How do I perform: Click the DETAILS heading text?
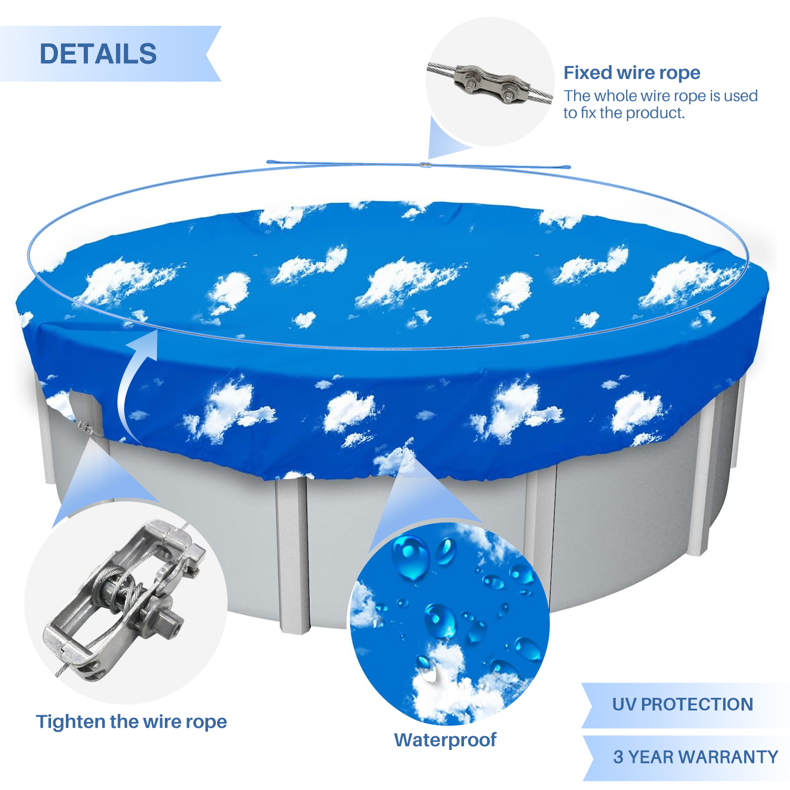(98, 54)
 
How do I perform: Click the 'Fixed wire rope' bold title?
(632, 73)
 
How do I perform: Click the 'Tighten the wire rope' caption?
(131, 722)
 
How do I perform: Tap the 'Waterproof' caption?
(445, 740)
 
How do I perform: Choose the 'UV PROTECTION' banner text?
(683, 704)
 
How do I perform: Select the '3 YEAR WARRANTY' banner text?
(695, 757)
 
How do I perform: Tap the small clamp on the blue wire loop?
(425, 165)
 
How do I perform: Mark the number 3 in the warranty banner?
(618, 757)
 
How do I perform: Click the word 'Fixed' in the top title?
(588, 73)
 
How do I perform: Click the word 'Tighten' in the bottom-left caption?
(67, 722)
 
